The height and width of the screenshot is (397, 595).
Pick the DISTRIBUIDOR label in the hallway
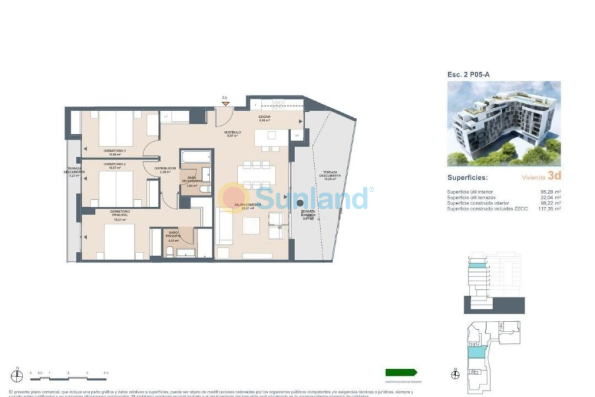(x=165, y=169)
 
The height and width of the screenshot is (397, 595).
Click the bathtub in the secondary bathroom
(x=196, y=157)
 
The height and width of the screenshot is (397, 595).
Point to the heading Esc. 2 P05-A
(x=468, y=75)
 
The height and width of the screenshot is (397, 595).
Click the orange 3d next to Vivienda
(x=554, y=177)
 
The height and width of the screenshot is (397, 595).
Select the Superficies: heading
(x=467, y=177)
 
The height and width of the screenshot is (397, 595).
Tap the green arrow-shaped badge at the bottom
(x=401, y=373)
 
